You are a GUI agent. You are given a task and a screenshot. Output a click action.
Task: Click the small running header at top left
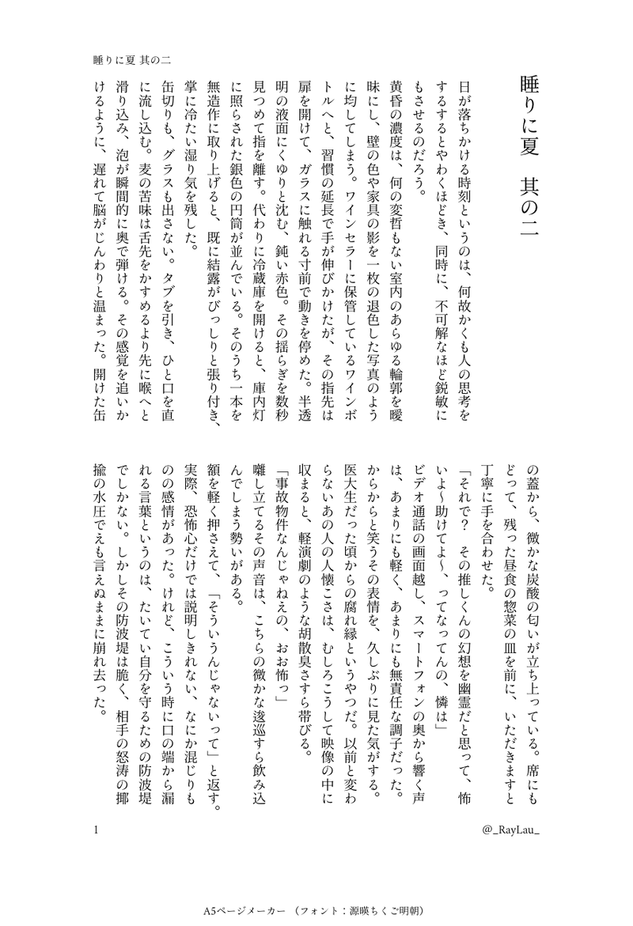point(133,59)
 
